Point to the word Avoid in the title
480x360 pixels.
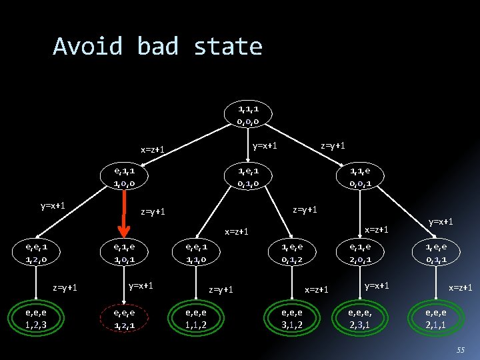(x=88, y=47)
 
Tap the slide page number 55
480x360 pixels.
(x=461, y=350)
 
